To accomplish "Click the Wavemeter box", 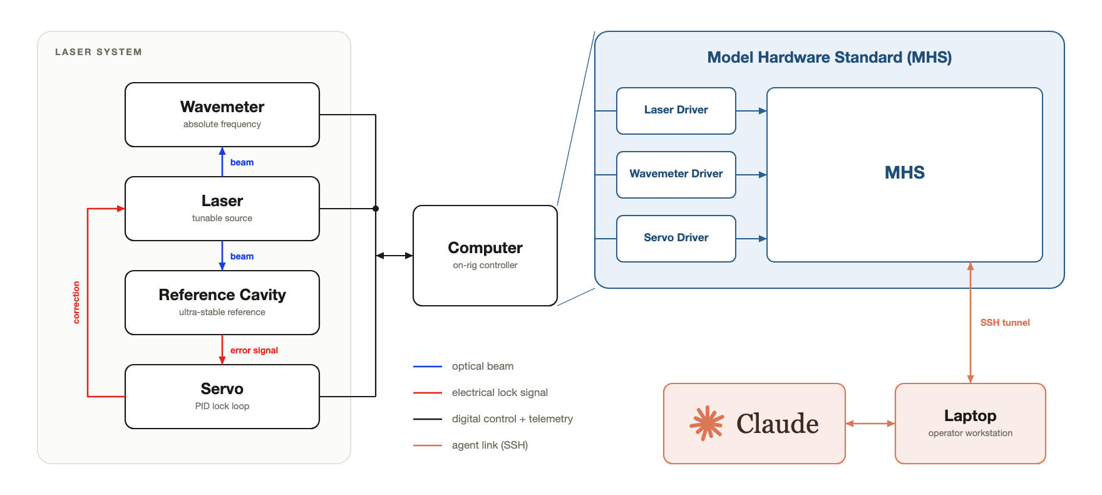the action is point(222,115).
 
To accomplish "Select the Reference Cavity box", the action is point(222,303).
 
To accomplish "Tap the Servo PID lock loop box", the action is point(222,397).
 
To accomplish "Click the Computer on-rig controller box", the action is point(485,256).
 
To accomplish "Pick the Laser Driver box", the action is point(676,111).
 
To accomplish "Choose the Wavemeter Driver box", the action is point(676,175).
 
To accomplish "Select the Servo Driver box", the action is point(676,239).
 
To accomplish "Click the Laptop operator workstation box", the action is point(971,424).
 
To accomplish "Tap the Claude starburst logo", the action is point(707,424).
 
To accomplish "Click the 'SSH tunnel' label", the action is point(1005,323).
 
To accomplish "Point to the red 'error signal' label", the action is point(254,350).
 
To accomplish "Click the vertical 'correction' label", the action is point(76,302).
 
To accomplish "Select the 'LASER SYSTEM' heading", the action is point(98,52).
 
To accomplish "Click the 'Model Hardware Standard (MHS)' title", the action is point(830,58).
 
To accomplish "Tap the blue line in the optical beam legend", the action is point(428,367).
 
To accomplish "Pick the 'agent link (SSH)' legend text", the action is point(490,445).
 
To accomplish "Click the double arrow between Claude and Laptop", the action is point(870,424).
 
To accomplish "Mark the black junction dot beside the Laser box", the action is point(376,209).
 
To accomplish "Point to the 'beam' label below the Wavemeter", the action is point(242,162).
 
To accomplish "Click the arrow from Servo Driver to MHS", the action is point(751,239).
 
